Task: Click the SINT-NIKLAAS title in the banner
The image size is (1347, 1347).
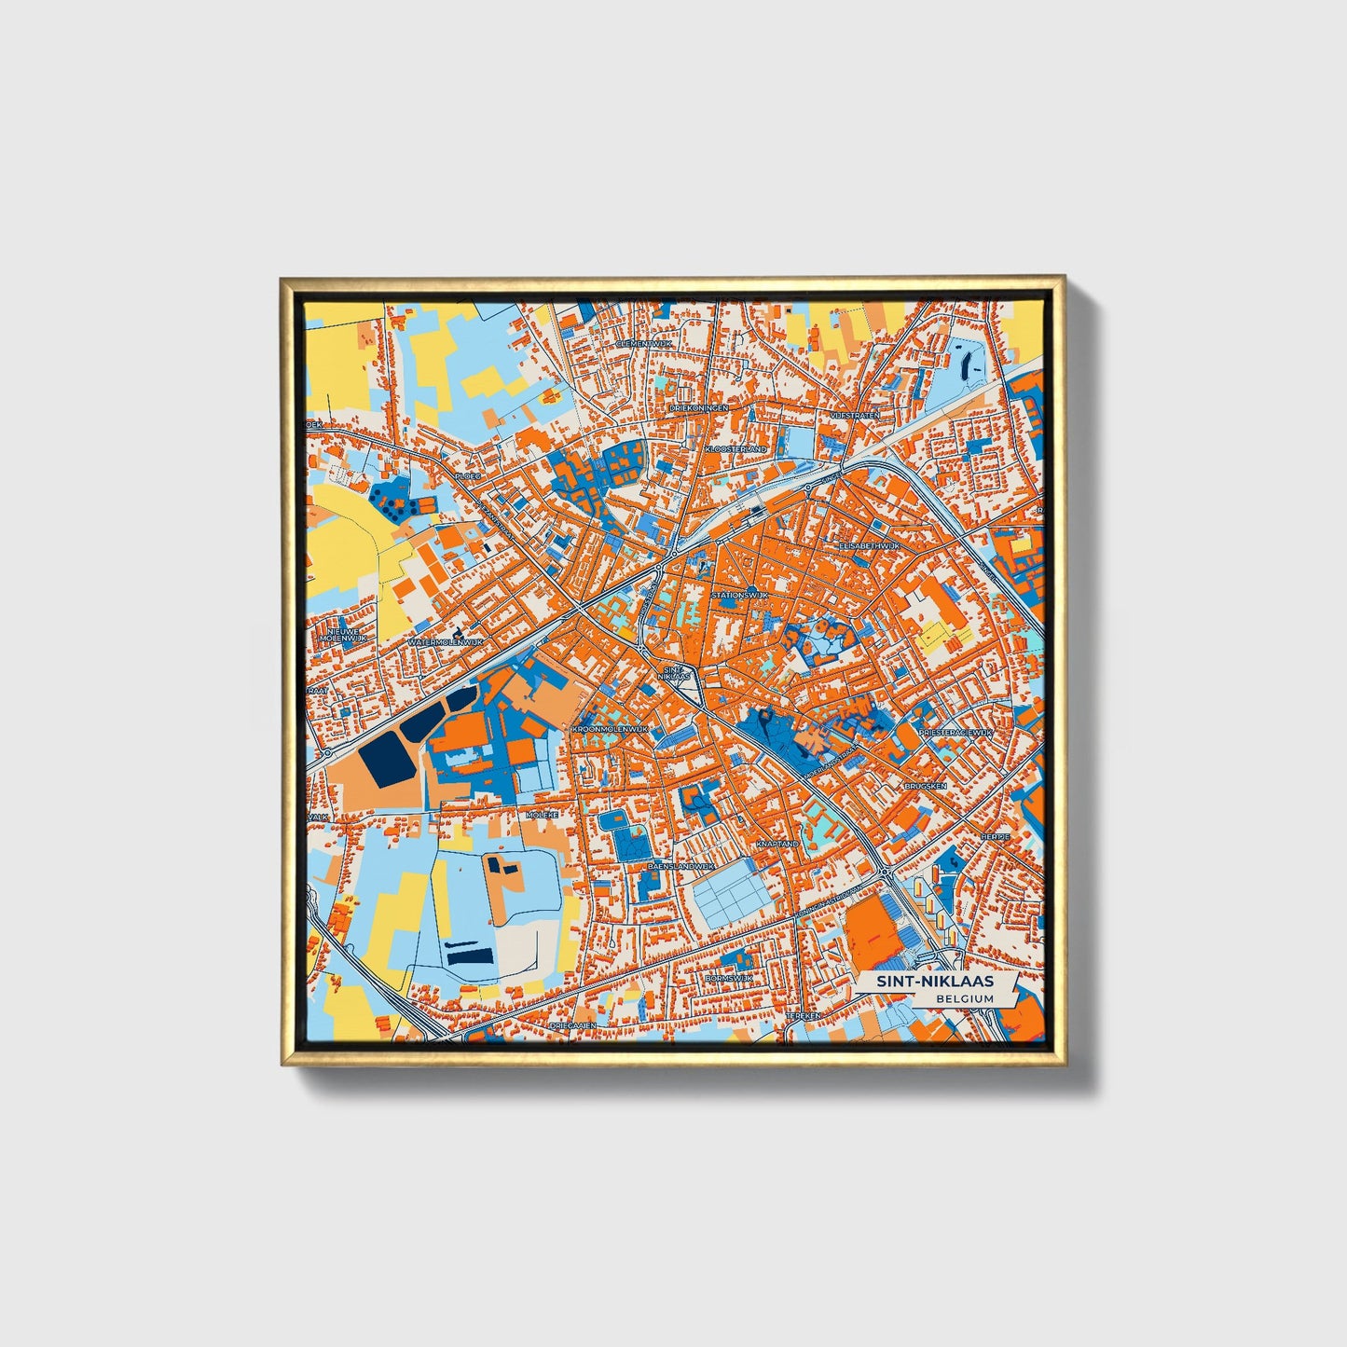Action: (x=928, y=982)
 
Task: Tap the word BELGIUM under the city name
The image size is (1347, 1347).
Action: (x=966, y=998)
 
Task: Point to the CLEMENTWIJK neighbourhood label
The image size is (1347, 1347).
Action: (x=644, y=344)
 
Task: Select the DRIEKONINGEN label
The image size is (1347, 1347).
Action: (x=699, y=407)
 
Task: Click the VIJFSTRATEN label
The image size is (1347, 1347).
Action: (x=855, y=414)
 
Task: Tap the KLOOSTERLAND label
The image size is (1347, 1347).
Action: (x=736, y=449)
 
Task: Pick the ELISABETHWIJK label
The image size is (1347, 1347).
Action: (x=869, y=544)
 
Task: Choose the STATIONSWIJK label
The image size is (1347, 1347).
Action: (x=738, y=594)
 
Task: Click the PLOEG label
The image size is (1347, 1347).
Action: (x=467, y=475)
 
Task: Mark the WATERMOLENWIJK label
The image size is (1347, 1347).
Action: (x=447, y=642)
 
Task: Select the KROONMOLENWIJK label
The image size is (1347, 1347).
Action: (x=611, y=728)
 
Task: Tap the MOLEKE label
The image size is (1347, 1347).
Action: (x=542, y=814)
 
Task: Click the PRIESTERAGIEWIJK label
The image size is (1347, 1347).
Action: (x=955, y=734)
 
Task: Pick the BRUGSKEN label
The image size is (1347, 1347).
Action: (x=925, y=786)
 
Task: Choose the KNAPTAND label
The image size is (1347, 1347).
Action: (x=777, y=843)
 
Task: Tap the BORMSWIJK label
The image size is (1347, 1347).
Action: (x=729, y=978)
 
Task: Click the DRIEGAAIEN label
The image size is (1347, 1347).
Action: (x=572, y=1024)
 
